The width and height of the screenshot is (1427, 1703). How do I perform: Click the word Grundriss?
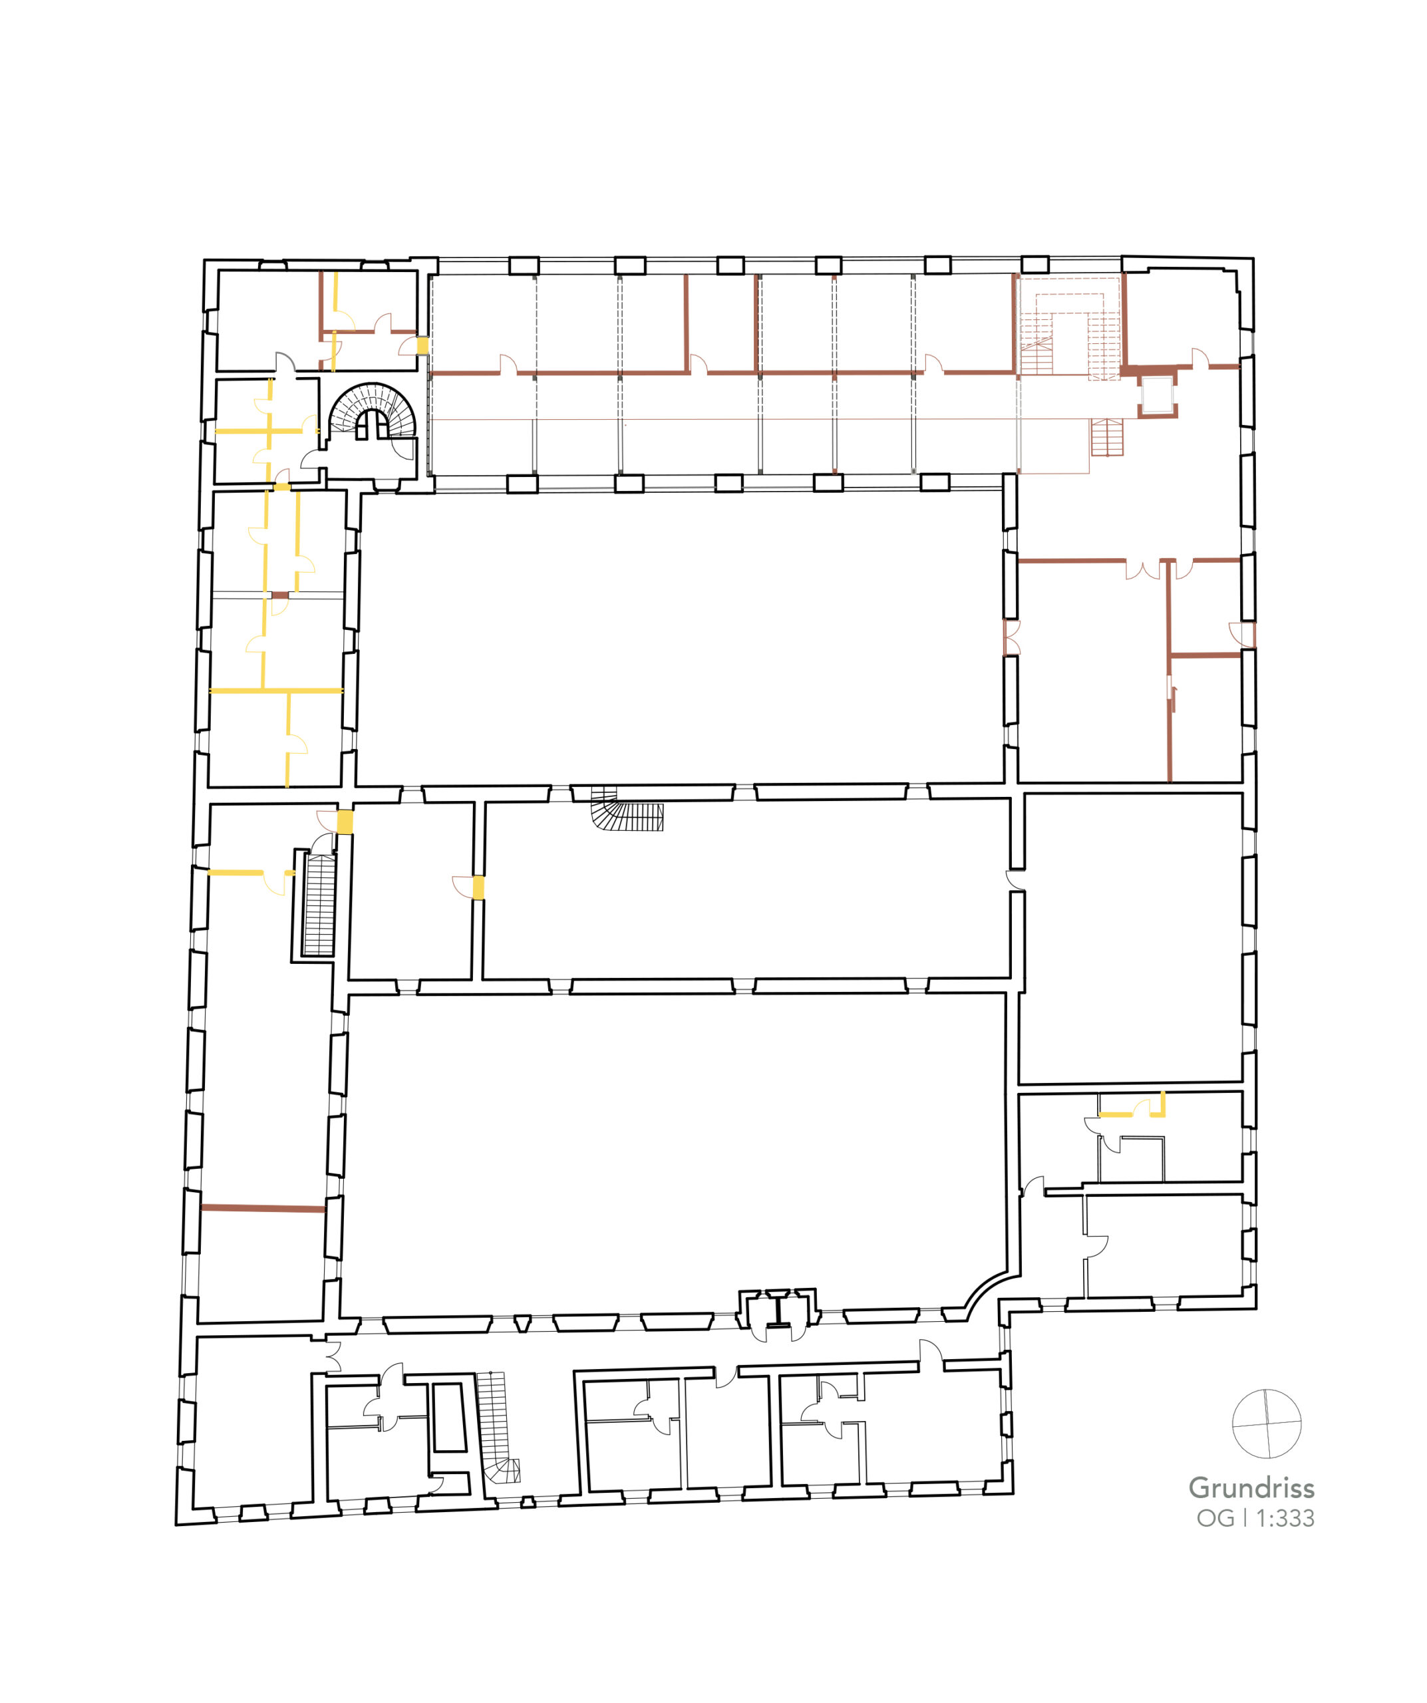(1251, 1487)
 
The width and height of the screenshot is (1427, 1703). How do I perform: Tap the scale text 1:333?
(1285, 1518)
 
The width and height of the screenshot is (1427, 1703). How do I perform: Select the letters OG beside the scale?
(1215, 1518)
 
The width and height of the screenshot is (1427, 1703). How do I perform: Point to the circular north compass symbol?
(1267, 1423)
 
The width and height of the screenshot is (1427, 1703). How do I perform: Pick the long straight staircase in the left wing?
(319, 904)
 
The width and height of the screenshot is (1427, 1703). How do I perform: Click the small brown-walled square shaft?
(1157, 395)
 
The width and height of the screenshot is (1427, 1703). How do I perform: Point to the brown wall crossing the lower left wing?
(263, 1208)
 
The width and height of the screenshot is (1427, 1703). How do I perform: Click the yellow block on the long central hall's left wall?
(478, 887)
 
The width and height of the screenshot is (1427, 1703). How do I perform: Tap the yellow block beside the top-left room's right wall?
(422, 345)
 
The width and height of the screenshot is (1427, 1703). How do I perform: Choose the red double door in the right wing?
(1143, 570)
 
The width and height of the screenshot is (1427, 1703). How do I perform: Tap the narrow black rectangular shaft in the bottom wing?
(449, 1417)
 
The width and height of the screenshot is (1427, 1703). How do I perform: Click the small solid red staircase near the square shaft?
(1107, 437)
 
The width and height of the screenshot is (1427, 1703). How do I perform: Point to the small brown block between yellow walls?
(279, 595)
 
